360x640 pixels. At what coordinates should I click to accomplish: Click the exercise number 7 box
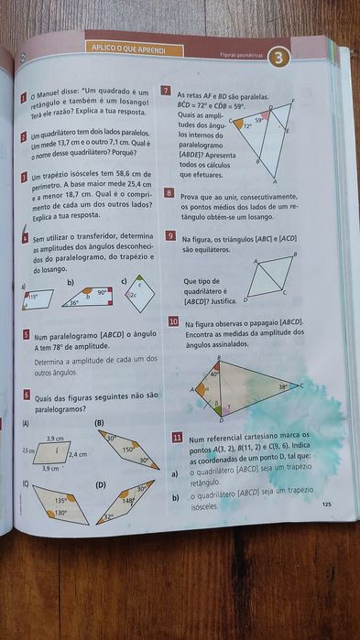click(165, 92)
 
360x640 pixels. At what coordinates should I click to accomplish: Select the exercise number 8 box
click(170, 194)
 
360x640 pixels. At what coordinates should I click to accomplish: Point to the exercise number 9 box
click(171, 235)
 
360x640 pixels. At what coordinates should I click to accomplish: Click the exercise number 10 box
click(173, 322)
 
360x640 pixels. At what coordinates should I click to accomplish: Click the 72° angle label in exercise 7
click(247, 126)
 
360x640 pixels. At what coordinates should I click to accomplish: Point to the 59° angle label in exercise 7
click(259, 120)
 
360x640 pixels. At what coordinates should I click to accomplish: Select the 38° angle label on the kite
click(283, 387)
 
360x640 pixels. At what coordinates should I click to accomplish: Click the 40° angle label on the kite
click(214, 374)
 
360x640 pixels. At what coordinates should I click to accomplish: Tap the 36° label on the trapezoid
click(75, 302)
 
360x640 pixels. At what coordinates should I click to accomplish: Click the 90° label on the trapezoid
click(103, 291)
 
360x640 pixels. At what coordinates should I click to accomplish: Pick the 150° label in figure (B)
click(129, 450)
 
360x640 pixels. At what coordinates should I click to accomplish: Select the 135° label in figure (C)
click(60, 501)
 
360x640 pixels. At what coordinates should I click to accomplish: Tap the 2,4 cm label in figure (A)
click(78, 454)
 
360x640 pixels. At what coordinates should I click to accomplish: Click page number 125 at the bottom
click(326, 504)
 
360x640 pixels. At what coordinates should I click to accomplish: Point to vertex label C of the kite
click(301, 385)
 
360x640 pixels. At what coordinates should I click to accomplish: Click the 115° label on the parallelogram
click(32, 297)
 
